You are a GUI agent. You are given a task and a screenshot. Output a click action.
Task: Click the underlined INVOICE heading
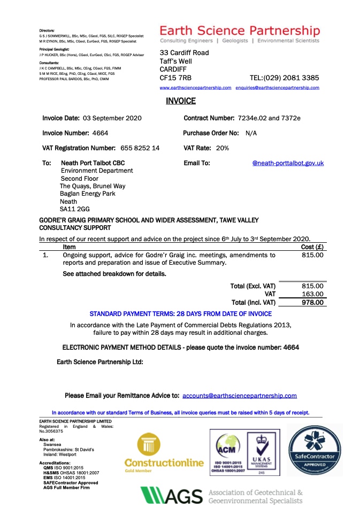(x=181, y=101)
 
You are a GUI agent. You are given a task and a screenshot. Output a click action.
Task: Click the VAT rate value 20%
(x=223, y=148)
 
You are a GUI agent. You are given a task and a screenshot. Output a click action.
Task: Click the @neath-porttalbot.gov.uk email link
(x=288, y=163)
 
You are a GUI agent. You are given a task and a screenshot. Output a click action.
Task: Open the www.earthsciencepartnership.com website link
(x=195, y=87)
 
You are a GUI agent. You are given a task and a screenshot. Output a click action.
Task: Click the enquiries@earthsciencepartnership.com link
(x=277, y=87)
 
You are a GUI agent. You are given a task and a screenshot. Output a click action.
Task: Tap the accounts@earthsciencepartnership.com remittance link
(x=240, y=396)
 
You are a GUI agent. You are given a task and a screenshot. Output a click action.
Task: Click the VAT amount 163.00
(x=312, y=294)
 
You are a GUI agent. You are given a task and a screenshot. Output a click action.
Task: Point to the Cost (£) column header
(x=312, y=247)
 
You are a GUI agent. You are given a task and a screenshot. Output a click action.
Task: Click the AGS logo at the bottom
(x=171, y=496)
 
